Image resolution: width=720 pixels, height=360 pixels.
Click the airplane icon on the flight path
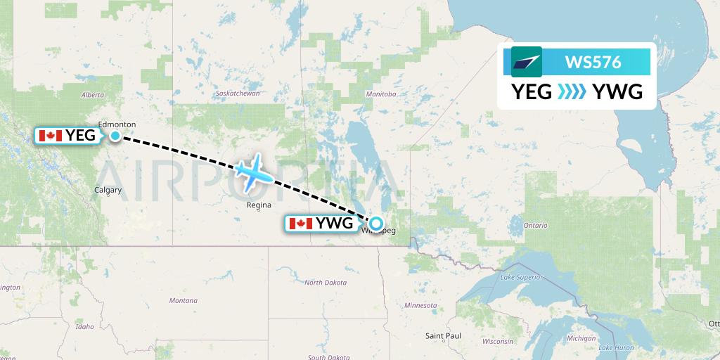coord(254,172)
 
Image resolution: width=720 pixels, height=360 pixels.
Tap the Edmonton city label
coord(117,124)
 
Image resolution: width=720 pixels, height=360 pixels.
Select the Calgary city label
coord(108,190)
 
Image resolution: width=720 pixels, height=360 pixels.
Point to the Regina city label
coord(259,205)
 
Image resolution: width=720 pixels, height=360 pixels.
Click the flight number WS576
coord(593,62)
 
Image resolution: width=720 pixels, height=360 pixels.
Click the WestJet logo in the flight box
coord(527,62)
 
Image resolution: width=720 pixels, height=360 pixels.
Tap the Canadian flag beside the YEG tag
coord(50,136)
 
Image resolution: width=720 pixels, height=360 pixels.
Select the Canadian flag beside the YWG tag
coord(300,224)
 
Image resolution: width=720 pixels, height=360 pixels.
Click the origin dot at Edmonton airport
coord(115,136)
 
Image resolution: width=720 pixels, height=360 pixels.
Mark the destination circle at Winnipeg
coord(376,224)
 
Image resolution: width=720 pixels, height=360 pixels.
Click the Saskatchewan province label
coord(238,94)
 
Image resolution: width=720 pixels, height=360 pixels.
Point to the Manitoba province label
coord(382,94)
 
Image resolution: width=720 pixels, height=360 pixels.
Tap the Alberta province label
coord(93,94)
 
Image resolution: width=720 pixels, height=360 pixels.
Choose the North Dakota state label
coord(325,283)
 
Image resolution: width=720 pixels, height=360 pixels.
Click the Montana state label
coord(184,300)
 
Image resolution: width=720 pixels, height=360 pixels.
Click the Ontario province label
coord(534,225)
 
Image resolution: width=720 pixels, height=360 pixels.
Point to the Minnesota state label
coord(420,305)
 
